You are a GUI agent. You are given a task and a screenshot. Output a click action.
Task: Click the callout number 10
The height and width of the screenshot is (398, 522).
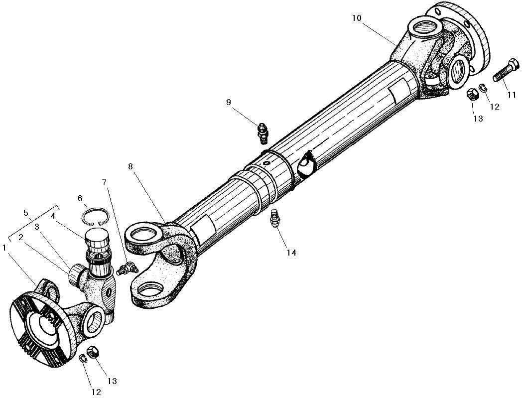click(x=357, y=18)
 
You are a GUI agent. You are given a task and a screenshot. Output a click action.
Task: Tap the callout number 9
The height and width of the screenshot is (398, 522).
click(x=228, y=102)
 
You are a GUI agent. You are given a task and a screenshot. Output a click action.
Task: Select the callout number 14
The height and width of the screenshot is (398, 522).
click(x=291, y=253)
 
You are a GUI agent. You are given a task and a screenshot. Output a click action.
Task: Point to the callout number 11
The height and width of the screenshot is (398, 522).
click(x=512, y=95)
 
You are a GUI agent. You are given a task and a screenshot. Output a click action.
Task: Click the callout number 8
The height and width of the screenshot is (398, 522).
click(x=130, y=166)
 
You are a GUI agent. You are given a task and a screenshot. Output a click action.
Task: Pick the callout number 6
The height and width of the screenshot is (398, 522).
click(x=80, y=198)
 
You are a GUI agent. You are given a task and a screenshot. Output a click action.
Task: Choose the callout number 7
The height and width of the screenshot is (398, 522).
click(x=104, y=182)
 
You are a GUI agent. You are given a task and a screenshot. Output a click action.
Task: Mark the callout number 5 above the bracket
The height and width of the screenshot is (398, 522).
click(x=26, y=213)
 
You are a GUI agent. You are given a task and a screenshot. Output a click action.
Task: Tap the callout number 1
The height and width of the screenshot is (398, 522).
click(x=4, y=248)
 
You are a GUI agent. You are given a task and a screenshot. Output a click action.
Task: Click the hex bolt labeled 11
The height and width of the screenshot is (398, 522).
click(x=506, y=70)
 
